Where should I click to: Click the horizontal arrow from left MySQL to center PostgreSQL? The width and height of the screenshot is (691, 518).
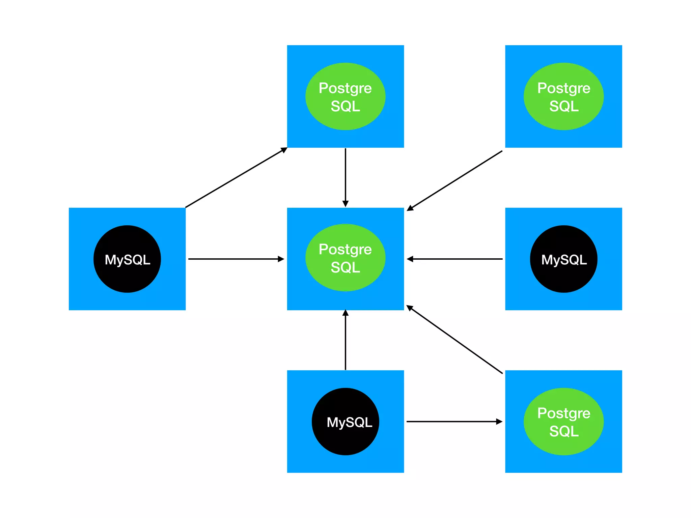pos(236,259)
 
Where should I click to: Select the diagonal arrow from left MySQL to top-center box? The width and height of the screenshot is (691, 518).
pos(236,177)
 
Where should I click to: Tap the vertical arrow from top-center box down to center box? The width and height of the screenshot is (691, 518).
pos(345,175)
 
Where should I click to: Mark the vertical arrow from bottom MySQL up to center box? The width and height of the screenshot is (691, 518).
pos(345,341)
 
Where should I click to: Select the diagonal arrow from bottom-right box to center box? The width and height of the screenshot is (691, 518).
pos(455,340)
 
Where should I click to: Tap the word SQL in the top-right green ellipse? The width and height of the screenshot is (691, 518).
pos(564,106)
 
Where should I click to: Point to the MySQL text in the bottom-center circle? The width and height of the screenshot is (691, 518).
pos(349,422)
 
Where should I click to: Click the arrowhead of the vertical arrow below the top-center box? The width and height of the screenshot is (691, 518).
pos(345,203)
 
